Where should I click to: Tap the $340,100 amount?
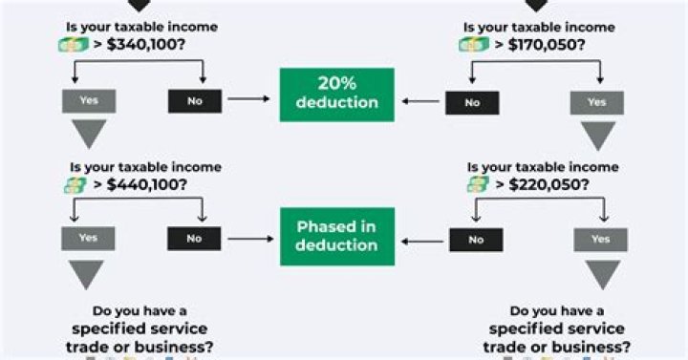(x=140, y=44)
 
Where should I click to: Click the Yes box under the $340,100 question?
(x=88, y=100)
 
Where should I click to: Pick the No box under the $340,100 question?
(x=195, y=100)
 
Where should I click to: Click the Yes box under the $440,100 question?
(x=88, y=239)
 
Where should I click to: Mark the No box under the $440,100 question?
(x=195, y=239)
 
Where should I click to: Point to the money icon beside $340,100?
(x=74, y=44)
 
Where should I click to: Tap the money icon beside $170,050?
(x=474, y=44)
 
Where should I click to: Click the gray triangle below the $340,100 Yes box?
(x=88, y=134)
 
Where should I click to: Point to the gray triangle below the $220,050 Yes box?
(x=601, y=274)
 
